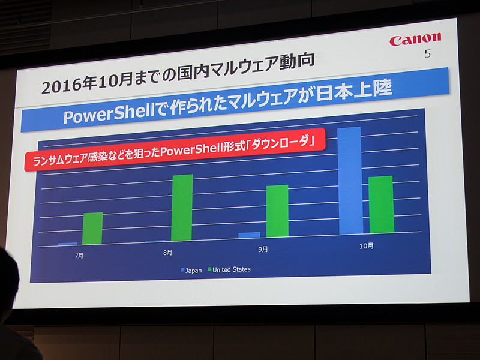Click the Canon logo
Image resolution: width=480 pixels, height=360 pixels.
(x=415, y=40)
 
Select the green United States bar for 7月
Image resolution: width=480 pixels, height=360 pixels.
(x=92, y=229)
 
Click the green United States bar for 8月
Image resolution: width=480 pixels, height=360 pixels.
(x=182, y=208)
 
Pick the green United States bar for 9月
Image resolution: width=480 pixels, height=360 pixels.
(x=277, y=211)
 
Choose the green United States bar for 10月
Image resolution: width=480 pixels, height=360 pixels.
(x=381, y=205)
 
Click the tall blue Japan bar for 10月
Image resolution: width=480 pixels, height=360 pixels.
(x=350, y=181)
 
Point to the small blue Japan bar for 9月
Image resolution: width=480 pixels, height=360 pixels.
(x=249, y=235)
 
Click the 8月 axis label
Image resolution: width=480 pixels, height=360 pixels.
(x=168, y=253)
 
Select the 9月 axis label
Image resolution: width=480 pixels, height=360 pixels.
(x=263, y=249)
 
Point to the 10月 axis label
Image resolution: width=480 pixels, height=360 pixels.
(x=366, y=245)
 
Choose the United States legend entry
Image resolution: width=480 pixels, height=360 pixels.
(x=232, y=269)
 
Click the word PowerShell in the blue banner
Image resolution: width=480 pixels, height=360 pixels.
(x=101, y=115)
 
